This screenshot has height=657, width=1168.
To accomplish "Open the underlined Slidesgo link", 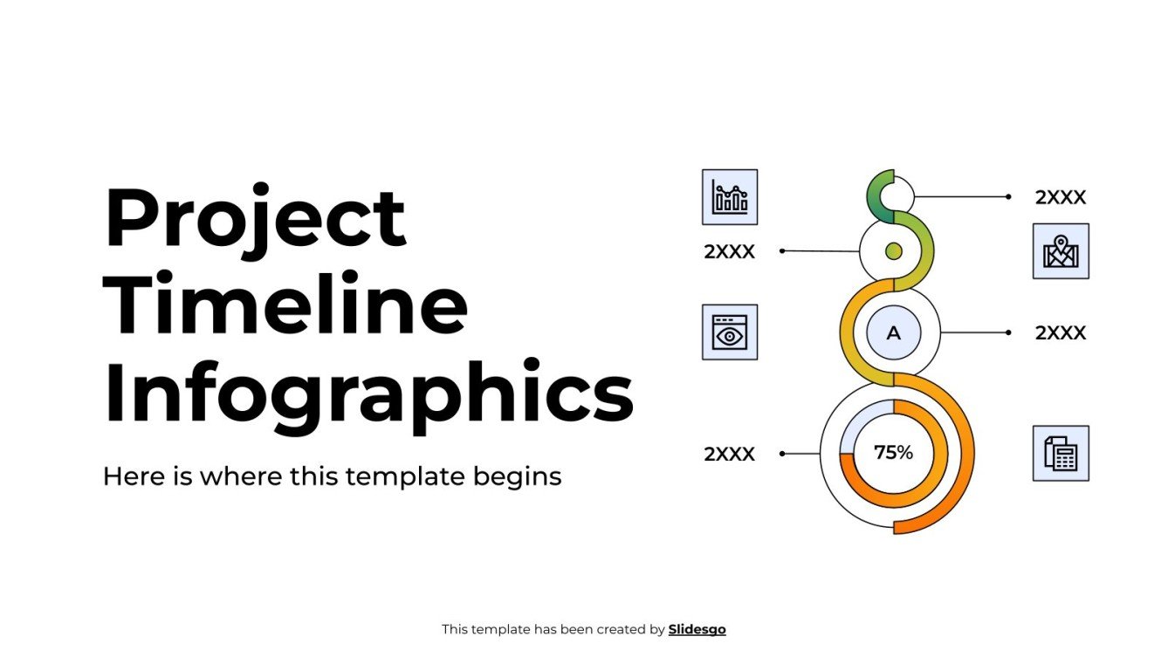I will [x=697, y=629].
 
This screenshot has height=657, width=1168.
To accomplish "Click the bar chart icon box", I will [x=730, y=197].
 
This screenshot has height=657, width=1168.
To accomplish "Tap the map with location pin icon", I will [x=1061, y=251].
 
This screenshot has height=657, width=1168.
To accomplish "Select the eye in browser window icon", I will [x=730, y=332].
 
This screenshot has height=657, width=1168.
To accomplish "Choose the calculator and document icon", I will [x=1061, y=454].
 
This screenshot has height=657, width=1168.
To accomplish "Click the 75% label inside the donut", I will [x=893, y=453].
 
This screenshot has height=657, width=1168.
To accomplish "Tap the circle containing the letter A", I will [x=893, y=333].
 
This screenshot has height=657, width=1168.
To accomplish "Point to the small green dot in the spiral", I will [x=893, y=251].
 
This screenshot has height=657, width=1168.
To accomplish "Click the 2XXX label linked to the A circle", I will [x=1061, y=333].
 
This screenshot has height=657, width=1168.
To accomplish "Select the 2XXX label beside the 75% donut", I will [x=729, y=454].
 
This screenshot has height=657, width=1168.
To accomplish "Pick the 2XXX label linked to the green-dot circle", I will [x=729, y=252].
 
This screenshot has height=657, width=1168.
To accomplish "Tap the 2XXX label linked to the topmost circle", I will [x=1061, y=198].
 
